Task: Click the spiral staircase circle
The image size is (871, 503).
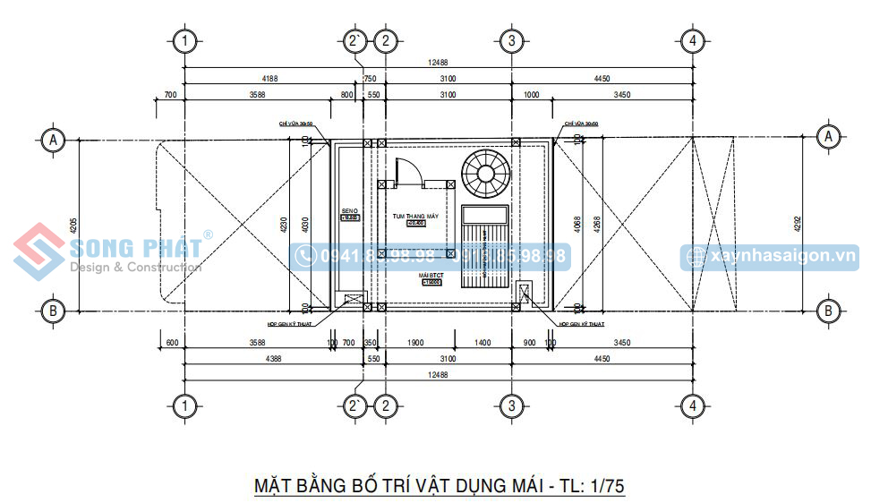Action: pyautogui.click(x=485, y=174)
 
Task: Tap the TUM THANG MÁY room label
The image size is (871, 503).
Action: pyautogui.click(x=415, y=217)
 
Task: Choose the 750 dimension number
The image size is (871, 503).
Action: pyautogui.click(x=370, y=79)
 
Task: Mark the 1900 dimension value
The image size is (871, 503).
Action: pyautogui.click(x=415, y=343)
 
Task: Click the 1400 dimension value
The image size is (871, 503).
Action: pyautogui.click(x=482, y=343)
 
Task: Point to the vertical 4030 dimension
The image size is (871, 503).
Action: pyautogui.click(x=303, y=224)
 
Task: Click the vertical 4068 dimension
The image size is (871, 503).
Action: pyautogui.click(x=575, y=225)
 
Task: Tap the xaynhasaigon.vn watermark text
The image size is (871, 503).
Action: pyautogui.click(x=782, y=256)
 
